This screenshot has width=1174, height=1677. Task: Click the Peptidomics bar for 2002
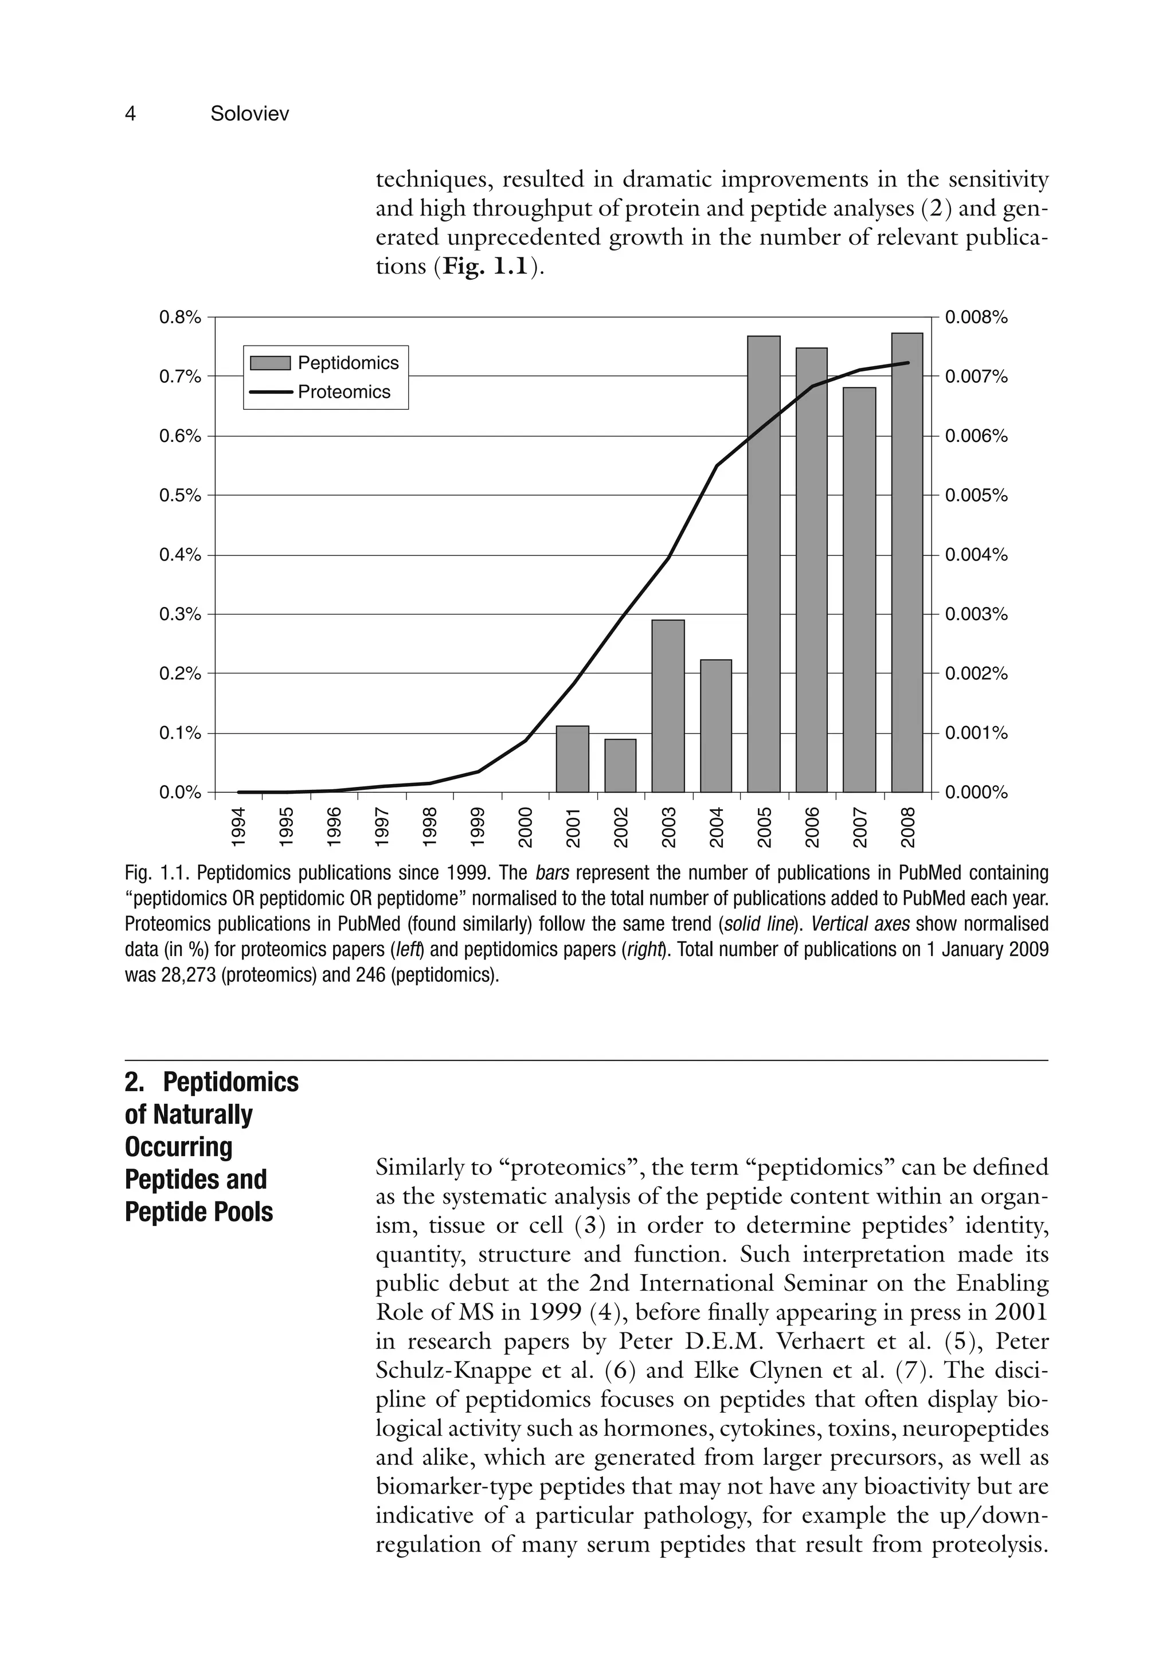pyautogui.click(x=620, y=766)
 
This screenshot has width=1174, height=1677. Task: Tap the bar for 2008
pyautogui.click(x=907, y=562)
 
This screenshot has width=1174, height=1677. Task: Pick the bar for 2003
pyautogui.click(x=668, y=706)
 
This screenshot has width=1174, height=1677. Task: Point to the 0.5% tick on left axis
pyautogui.click(x=180, y=495)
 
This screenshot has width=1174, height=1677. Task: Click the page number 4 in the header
pyautogui.click(x=131, y=114)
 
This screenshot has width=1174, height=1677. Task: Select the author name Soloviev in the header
pyautogui.click(x=249, y=114)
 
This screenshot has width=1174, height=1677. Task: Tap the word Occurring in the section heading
pyautogui.click(x=178, y=1147)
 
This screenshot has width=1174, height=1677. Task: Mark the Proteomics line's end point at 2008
pyautogui.click(x=907, y=363)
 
